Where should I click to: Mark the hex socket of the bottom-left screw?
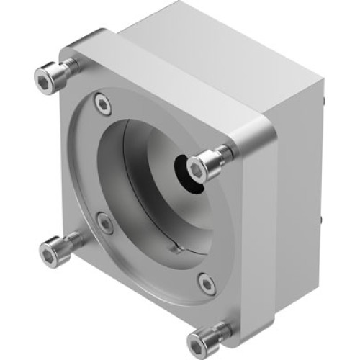click(50, 254)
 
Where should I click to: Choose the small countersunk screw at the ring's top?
click(103, 105)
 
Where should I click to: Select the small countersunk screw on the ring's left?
click(104, 223)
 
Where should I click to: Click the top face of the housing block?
click(216, 58)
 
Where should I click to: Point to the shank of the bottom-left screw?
click(72, 243)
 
